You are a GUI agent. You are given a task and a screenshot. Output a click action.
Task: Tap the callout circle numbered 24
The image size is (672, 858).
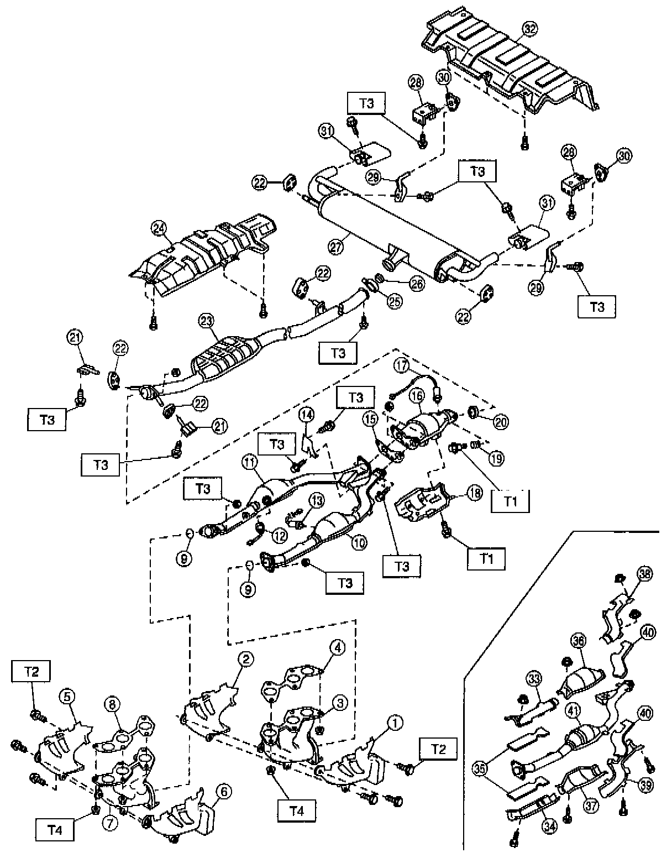(x=159, y=227)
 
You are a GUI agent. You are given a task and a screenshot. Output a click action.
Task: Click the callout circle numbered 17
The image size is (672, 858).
(x=401, y=365)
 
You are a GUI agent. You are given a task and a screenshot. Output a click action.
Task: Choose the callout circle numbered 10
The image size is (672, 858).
(x=359, y=543)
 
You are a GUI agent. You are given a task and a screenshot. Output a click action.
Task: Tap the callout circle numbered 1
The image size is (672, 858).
(x=395, y=721)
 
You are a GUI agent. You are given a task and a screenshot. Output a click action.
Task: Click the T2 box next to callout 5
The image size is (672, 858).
(x=32, y=672)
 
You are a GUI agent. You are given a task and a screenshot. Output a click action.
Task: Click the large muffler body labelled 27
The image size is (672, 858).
(x=381, y=224)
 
